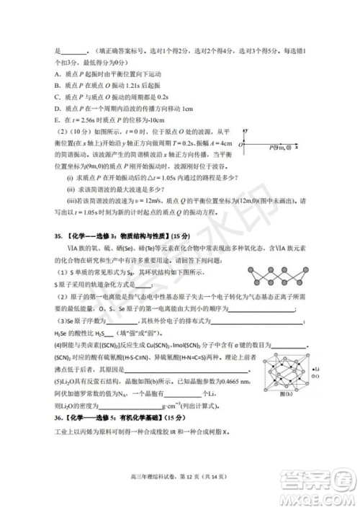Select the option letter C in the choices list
click(x=58, y=97)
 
